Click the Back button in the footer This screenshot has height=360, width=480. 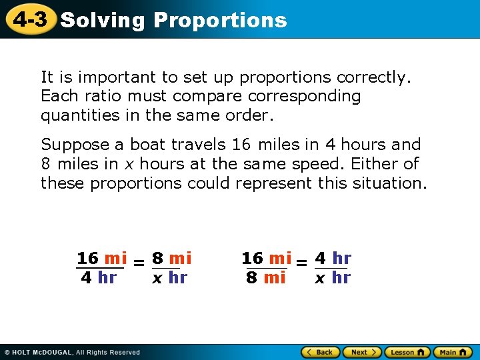[320, 352]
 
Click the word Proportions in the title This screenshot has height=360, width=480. [220, 20]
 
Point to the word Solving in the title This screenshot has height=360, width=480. [102, 20]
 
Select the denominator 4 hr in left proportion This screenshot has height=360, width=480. [99, 277]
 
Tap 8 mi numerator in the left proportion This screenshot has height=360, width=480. [171, 258]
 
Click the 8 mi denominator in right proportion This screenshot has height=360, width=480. [265, 277]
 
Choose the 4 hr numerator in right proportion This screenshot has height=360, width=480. [333, 258]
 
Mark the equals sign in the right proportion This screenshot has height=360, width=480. [301, 264]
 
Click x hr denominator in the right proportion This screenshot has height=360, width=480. [332, 277]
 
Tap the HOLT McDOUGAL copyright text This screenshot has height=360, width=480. [72, 352]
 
